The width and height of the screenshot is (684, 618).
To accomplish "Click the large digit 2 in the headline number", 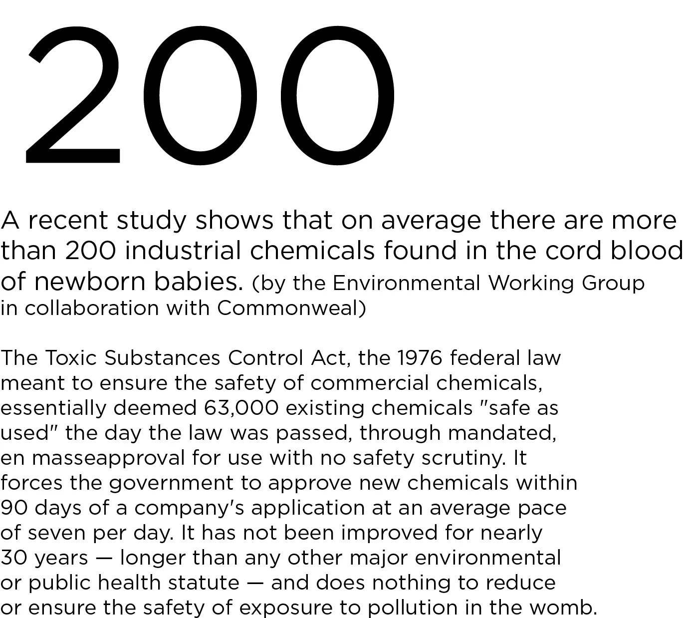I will pyautogui.click(x=73, y=95).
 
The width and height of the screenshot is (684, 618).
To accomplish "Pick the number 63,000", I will pyautogui.click(x=241, y=408).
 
